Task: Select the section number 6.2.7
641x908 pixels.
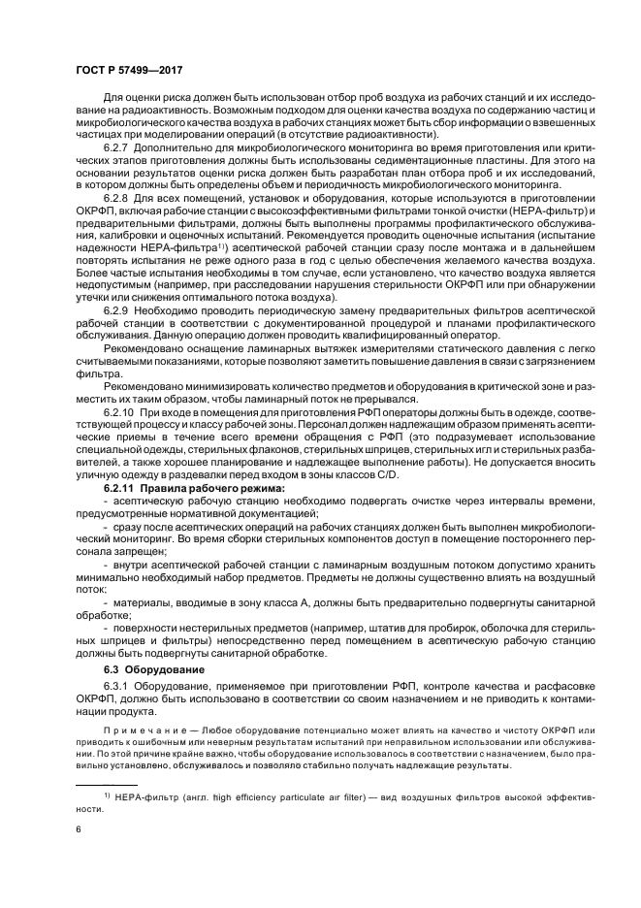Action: click(118, 145)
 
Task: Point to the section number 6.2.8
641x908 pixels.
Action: click(118, 195)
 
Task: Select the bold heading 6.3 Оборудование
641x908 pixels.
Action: click(151, 669)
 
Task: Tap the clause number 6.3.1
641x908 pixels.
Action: click(118, 686)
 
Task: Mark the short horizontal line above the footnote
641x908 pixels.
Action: click(107, 783)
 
